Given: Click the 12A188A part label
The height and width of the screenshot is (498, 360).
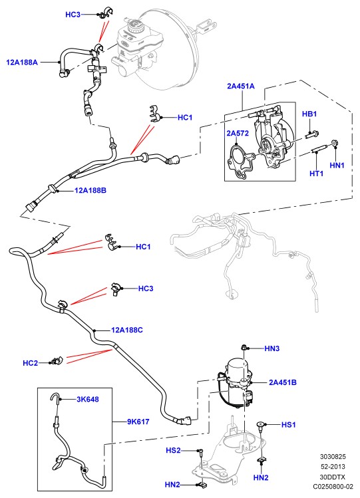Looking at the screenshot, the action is click(x=22, y=62).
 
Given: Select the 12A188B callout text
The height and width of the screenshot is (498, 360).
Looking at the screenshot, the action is click(x=90, y=191).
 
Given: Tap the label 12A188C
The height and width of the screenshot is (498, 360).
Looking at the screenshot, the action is click(x=127, y=330).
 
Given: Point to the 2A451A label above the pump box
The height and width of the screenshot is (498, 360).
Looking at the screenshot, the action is click(x=240, y=86).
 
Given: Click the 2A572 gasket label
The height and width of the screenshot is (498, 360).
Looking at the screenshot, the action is click(x=238, y=133).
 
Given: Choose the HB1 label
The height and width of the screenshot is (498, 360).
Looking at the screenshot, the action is click(x=309, y=114).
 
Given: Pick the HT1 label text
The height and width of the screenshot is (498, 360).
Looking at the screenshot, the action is click(x=317, y=174).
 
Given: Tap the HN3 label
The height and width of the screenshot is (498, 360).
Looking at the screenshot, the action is click(x=272, y=348).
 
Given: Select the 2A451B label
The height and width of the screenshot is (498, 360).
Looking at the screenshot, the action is click(x=283, y=382).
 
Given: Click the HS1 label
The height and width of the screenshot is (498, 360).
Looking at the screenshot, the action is click(x=289, y=425).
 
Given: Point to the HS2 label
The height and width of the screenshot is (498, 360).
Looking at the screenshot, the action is click(x=173, y=450).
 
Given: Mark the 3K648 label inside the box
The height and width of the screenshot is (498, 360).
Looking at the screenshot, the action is click(x=88, y=399).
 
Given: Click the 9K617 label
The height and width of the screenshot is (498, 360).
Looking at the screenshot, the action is click(x=138, y=422).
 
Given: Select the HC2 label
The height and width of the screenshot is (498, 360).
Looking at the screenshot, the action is click(x=30, y=363).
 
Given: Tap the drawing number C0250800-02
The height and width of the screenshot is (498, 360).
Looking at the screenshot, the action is click(x=333, y=487).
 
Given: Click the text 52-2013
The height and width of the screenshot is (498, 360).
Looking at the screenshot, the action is click(x=333, y=467).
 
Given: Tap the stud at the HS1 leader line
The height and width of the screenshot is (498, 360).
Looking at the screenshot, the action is click(x=261, y=427).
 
